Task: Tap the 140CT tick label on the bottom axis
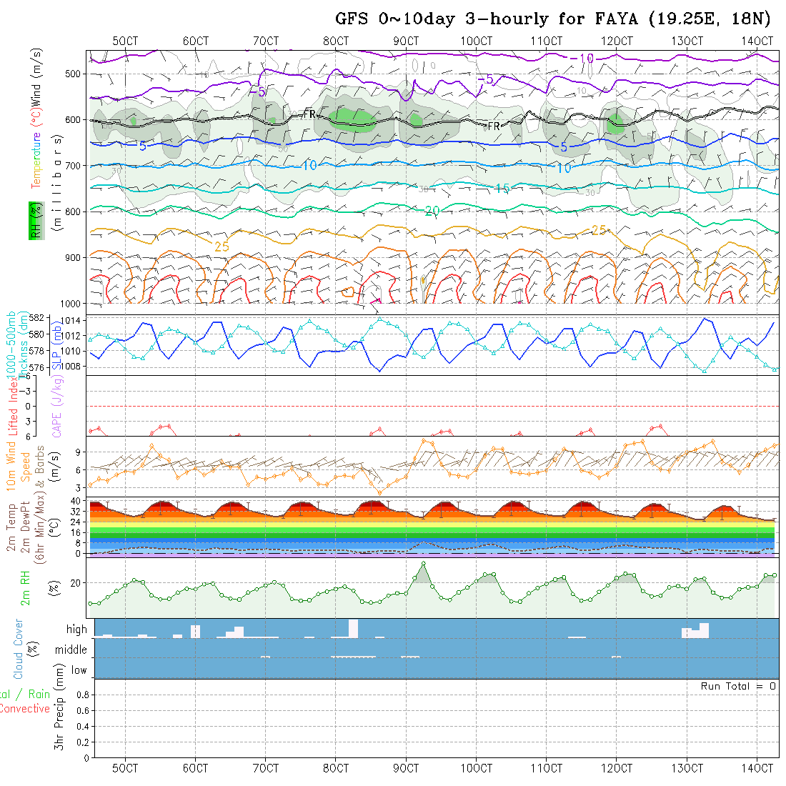757,768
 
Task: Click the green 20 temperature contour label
432,211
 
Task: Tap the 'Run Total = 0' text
738,686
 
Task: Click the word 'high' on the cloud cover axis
76,630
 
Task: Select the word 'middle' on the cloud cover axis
71,650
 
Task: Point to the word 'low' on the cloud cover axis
79,670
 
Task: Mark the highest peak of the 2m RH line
424,564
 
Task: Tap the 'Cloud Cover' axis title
19,650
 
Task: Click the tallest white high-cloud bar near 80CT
353,629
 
